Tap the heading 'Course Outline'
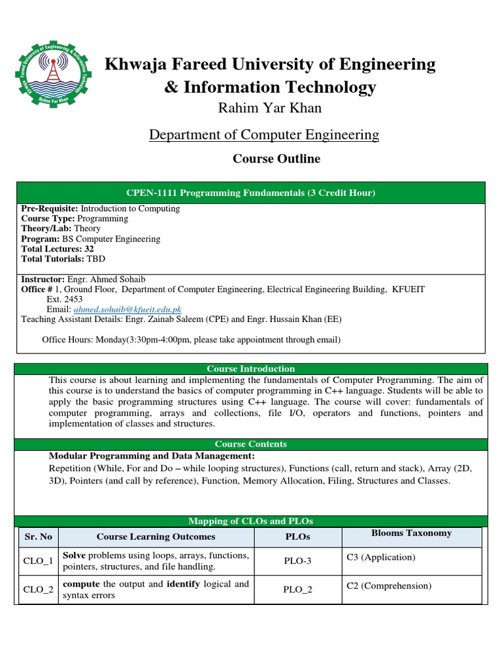(x=276, y=159)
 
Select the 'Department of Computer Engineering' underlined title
(x=263, y=135)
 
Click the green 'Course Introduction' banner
(x=251, y=369)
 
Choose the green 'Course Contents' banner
(x=251, y=444)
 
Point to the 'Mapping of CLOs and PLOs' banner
(x=251, y=521)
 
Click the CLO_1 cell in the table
(x=38, y=561)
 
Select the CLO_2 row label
(x=38, y=589)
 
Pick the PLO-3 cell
(x=297, y=561)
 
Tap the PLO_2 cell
(x=297, y=589)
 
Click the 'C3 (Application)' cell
(x=380, y=557)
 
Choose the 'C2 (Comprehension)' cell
(x=389, y=585)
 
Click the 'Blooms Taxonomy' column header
(x=411, y=533)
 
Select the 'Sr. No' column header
(x=38, y=536)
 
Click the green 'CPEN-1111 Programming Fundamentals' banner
(x=251, y=193)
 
